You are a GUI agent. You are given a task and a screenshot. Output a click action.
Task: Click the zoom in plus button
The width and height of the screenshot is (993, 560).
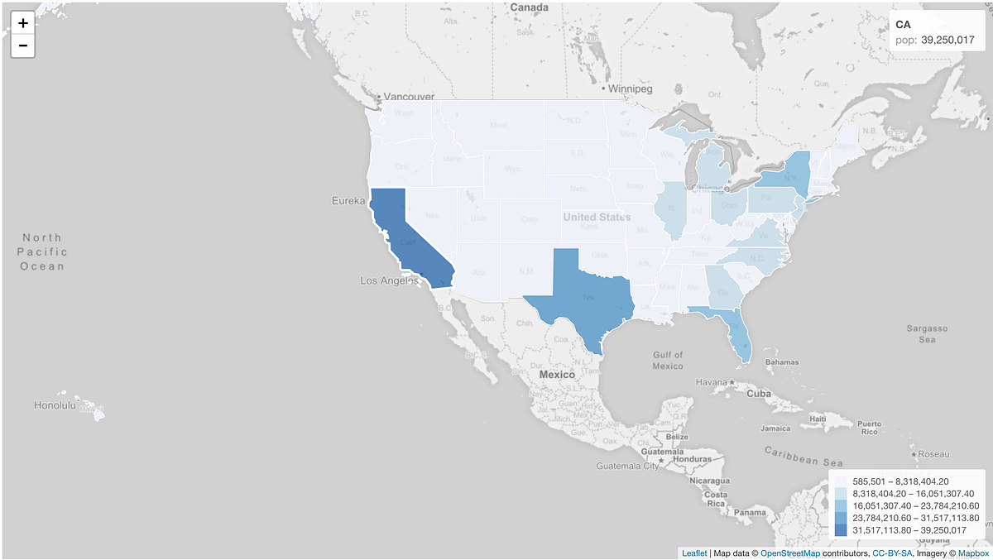coord(23,23)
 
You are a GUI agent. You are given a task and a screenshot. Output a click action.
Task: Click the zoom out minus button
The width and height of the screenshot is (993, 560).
coord(23,45)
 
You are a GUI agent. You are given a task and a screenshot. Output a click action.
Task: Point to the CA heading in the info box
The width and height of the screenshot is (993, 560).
coord(904,25)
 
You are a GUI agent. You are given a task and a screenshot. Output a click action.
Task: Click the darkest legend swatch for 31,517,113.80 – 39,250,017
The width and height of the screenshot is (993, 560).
coord(841,530)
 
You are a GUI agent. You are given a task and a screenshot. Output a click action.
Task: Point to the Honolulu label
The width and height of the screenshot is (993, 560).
coord(55,405)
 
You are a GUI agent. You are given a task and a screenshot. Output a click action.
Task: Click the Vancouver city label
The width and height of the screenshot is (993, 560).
coord(409,97)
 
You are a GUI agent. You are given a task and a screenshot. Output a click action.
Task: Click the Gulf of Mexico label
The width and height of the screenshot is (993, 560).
coord(667,360)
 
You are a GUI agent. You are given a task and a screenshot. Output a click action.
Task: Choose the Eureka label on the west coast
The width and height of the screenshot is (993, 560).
coord(348,201)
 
